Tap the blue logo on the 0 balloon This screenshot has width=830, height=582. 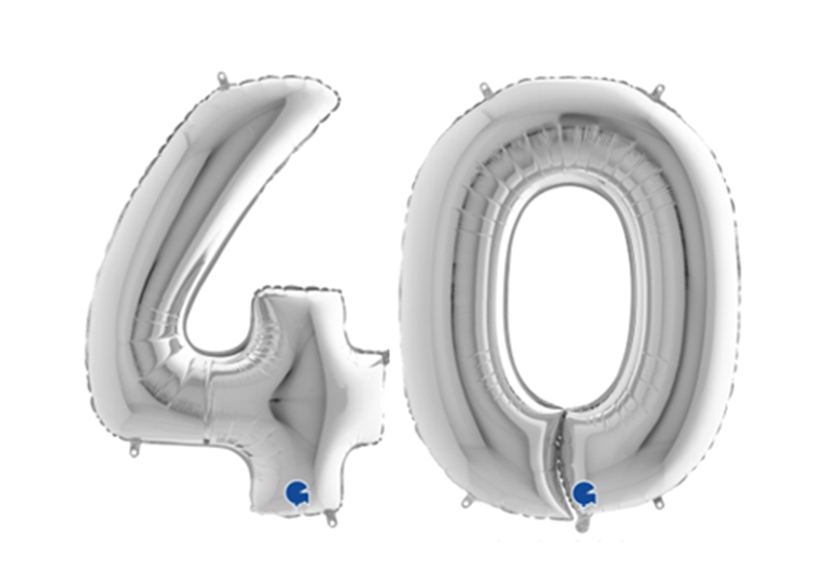click(x=584, y=493)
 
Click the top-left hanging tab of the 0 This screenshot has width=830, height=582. click(x=485, y=89)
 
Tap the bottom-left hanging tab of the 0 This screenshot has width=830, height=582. click(x=467, y=501)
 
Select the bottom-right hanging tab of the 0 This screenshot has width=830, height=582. click(x=658, y=502)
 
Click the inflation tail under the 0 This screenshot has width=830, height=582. click(x=581, y=522)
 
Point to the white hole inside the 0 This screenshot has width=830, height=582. click(x=569, y=291)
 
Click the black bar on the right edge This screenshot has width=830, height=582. click(x=798, y=291)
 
